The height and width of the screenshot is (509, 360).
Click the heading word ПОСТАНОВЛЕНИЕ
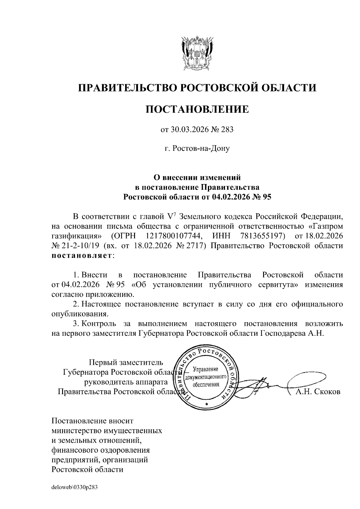[197, 109]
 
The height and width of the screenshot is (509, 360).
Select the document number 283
[227, 130]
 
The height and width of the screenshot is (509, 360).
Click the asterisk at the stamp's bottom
[207, 405]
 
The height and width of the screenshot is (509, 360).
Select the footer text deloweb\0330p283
[75, 487]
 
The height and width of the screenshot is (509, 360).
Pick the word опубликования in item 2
[79, 314]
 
